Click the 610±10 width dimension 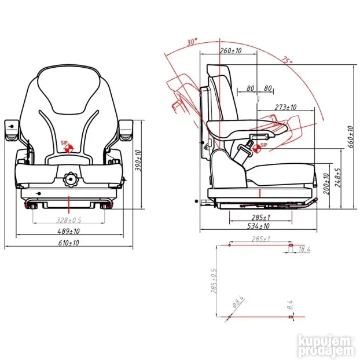(x=68, y=243)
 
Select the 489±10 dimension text (x=68, y=231)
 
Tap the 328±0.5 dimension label (x=69, y=220)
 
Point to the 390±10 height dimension (x=138, y=160)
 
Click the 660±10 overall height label (x=350, y=137)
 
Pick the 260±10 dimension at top (x=230, y=50)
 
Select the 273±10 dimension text (x=285, y=107)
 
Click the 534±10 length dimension (x=258, y=226)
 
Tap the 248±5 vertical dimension (x=337, y=178)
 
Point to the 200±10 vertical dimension (x=326, y=184)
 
